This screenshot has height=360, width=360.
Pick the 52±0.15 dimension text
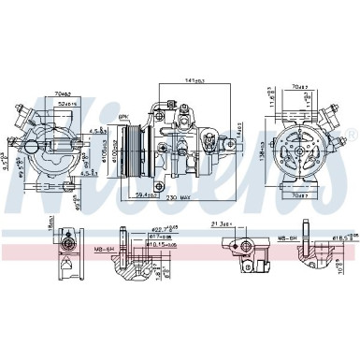pos(64,105)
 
